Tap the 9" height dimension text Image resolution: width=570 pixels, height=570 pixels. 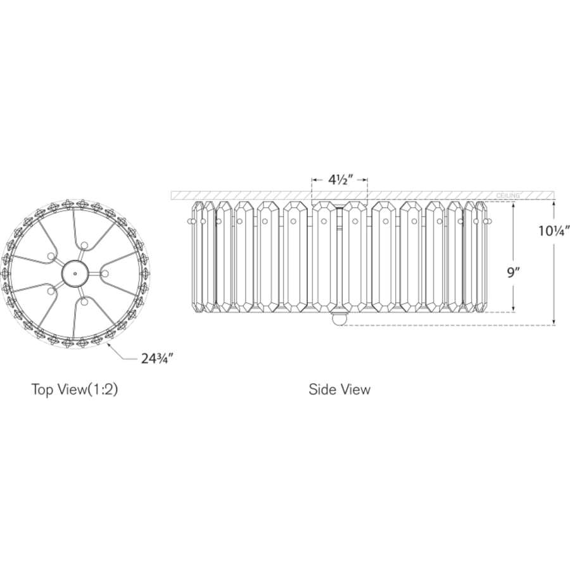tap(512, 272)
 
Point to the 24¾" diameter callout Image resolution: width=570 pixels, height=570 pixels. tap(156, 359)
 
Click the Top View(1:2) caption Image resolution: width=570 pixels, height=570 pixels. tap(75, 389)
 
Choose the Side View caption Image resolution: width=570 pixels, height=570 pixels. tap(339, 389)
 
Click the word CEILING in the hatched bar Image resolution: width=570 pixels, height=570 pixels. tap(508, 196)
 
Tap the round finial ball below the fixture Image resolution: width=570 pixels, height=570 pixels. tap(338, 320)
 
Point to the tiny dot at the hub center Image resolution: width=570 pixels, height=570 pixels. tap(75, 274)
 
